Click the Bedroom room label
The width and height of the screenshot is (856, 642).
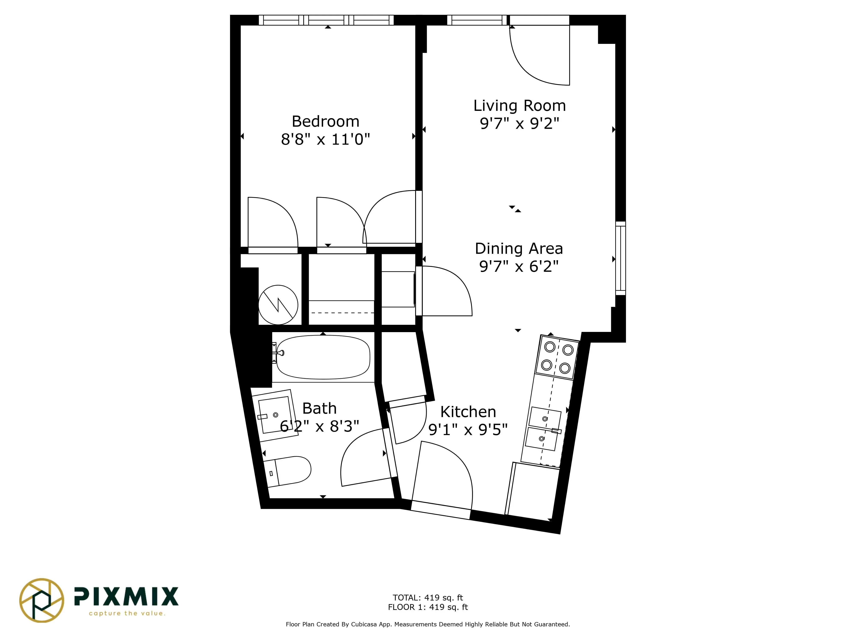[x=325, y=122]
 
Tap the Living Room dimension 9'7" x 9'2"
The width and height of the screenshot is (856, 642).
[x=519, y=123]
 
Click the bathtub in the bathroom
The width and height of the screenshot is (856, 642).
[x=323, y=357]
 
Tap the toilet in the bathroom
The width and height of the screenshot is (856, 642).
[x=288, y=472]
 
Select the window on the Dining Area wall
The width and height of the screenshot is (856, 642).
[x=620, y=258]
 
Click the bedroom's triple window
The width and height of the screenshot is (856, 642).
[x=326, y=20]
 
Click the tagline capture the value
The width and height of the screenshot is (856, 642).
[x=127, y=613]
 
